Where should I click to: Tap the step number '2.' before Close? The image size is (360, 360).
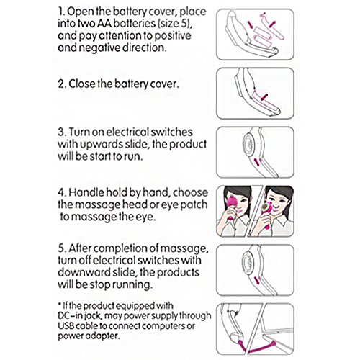[x=62, y=84]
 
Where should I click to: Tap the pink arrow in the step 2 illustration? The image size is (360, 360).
[x=264, y=97]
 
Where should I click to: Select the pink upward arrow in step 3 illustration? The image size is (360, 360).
[x=257, y=162]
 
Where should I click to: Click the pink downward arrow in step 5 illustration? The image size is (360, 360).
[x=257, y=280]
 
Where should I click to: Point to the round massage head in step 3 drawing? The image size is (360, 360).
[x=248, y=145]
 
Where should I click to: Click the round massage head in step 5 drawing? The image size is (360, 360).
[x=248, y=262]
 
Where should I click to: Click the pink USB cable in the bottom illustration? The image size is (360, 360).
[x=258, y=348]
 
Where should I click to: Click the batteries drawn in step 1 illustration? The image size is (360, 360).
[x=262, y=35]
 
